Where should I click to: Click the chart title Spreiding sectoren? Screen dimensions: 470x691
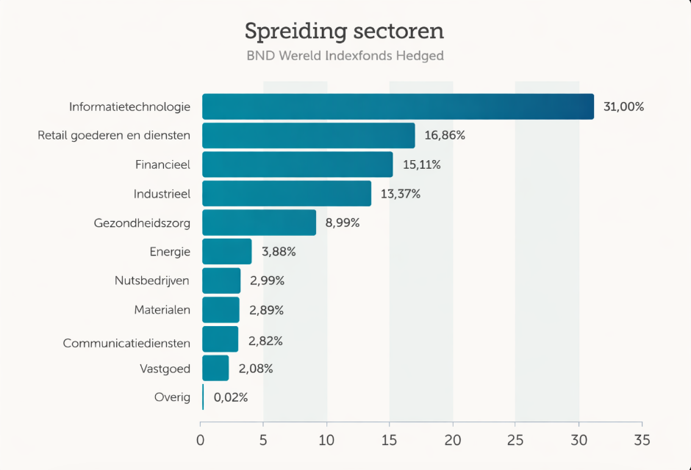tap(344, 32)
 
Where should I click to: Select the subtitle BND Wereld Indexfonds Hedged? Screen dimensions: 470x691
tap(345, 56)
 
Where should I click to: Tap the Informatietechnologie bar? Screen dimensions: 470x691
tap(398, 106)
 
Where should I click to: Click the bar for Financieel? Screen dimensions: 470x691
tap(297, 164)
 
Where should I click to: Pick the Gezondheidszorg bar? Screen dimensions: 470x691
tap(259, 223)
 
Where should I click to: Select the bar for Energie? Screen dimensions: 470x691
tap(226, 252)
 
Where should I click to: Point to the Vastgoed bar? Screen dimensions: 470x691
tap(215, 368)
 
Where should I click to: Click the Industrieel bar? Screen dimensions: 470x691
tap(287, 194)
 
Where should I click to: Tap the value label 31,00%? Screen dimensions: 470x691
tap(623, 106)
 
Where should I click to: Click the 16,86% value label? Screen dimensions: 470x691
tap(445, 136)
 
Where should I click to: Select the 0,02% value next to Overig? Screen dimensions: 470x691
tap(231, 397)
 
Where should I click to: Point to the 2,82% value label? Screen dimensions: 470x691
tap(265, 341)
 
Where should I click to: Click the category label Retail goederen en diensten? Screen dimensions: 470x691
tap(114, 136)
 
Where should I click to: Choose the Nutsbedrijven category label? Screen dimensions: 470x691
tap(152, 281)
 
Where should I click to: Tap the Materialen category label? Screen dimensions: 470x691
tap(162, 310)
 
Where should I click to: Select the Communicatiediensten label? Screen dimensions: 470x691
tap(126, 343)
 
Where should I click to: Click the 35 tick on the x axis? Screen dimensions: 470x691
tap(642, 441)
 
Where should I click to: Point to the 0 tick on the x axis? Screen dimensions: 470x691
tap(201, 441)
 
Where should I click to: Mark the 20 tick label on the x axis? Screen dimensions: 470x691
tap(453, 441)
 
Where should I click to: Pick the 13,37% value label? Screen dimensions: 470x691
tap(401, 194)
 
